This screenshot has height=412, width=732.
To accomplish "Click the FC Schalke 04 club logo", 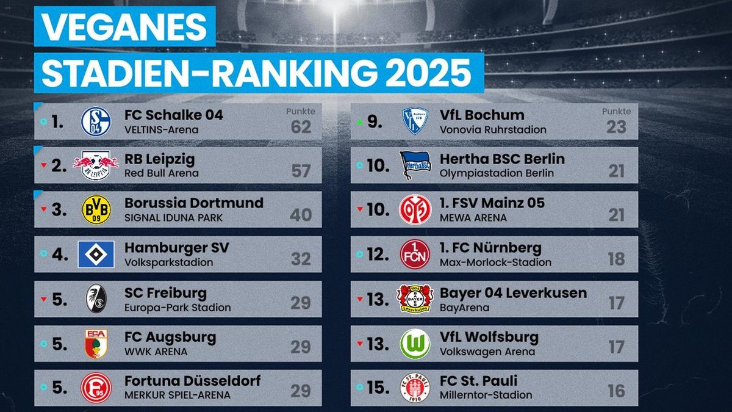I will pyautogui.click(x=96, y=121).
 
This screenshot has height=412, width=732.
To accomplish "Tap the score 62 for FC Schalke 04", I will pyautogui.click(x=301, y=127).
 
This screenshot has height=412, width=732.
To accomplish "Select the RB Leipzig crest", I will pyautogui.click(x=96, y=165).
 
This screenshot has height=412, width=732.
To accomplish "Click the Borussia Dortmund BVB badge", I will pyautogui.click(x=96, y=210).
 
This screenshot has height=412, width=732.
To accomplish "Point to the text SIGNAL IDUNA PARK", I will pyautogui.click(x=173, y=218).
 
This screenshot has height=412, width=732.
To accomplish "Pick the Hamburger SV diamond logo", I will pyautogui.click(x=96, y=254).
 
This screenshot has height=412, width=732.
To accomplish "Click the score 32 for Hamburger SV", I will pyautogui.click(x=301, y=259).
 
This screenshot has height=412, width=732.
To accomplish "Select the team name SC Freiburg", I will pyautogui.click(x=165, y=293).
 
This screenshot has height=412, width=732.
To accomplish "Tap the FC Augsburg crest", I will pyautogui.click(x=96, y=343).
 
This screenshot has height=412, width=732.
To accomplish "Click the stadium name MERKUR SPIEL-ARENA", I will pyautogui.click(x=178, y=395).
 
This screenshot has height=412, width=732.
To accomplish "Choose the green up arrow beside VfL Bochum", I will pyautogui.click(x=359, y=122).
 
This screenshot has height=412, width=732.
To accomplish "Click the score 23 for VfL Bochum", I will pyautogui.click(x=616, y=127).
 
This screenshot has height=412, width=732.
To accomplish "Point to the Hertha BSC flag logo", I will pyautogui.click(x=415, y=165).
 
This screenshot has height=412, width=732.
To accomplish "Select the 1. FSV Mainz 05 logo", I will pyautogui.click(x=415, y=210).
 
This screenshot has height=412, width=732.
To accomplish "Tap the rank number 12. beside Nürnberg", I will pyautogui.click(x=378, y=254).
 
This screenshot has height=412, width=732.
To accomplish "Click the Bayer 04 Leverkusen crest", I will pyautogui.click(x=415, y=298).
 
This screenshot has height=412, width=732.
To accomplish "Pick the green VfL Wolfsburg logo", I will pyautogui.click(x=415, y=344).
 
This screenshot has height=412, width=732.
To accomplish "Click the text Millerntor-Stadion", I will pyautogui.click(x=486, y=395).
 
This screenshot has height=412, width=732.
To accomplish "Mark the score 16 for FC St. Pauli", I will pyautogui.click(x=616, y=391).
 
